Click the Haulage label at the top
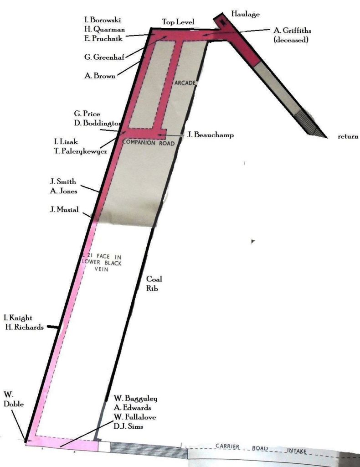pyautogui.click(x=246, y=14)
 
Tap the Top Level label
pyautogui.click(x=179, y=22)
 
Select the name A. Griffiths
pyautogui.click(x=291, y=31)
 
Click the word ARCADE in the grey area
pyautogui.click(x=185, y=83)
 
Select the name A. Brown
pyautogui.click(x=100, y=76)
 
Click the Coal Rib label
pyautogui.click(x=154, y=283)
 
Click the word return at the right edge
pyautogui.click(x=348, y=136)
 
